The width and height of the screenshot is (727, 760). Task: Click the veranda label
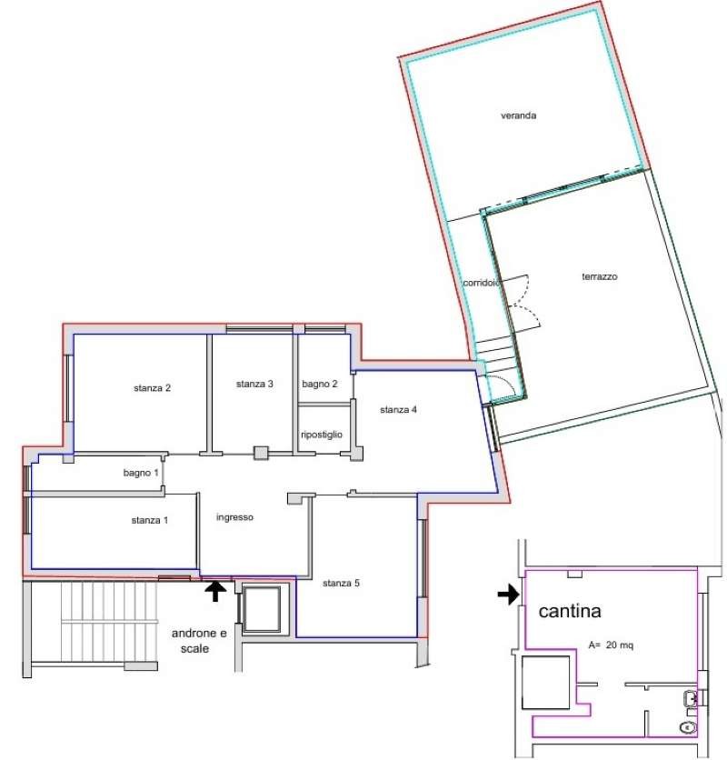coord(518,115)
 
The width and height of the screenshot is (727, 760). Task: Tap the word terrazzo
coord(600,276)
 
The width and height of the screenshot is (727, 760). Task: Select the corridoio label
coord(481,283)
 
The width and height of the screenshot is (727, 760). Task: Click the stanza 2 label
coord(152,388)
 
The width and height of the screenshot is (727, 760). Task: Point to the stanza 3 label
coord(254,384)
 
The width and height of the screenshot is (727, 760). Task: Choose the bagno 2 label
coord(319,384)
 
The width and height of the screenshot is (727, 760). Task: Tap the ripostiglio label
coord(322,435)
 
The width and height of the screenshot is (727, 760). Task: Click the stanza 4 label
coord(398,410)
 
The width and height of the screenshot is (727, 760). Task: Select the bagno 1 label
coord(141,473)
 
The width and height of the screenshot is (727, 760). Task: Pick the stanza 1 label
coord(149,520)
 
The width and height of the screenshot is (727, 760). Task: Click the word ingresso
coord(234,517)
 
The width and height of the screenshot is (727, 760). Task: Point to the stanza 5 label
coord(341,583)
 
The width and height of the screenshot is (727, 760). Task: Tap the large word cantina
coord(570,611)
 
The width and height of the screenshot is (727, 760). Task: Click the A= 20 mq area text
coord(611,645)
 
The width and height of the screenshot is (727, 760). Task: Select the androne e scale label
coord(199,641)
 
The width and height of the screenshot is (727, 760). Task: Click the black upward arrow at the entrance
coord(215,591)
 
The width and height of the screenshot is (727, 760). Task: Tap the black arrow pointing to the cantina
coord(508,595)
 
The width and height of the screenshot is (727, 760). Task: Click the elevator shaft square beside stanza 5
coord(262,609)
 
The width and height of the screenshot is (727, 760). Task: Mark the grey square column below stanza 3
coord(261,453)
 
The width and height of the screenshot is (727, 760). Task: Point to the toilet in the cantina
coord(688,727)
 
